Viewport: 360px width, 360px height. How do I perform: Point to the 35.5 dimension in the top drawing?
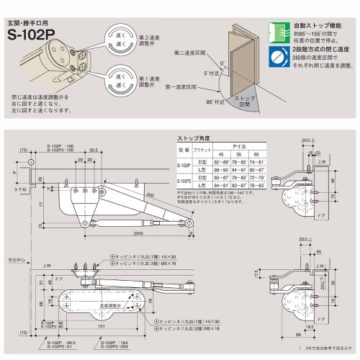tap(94, 152)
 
